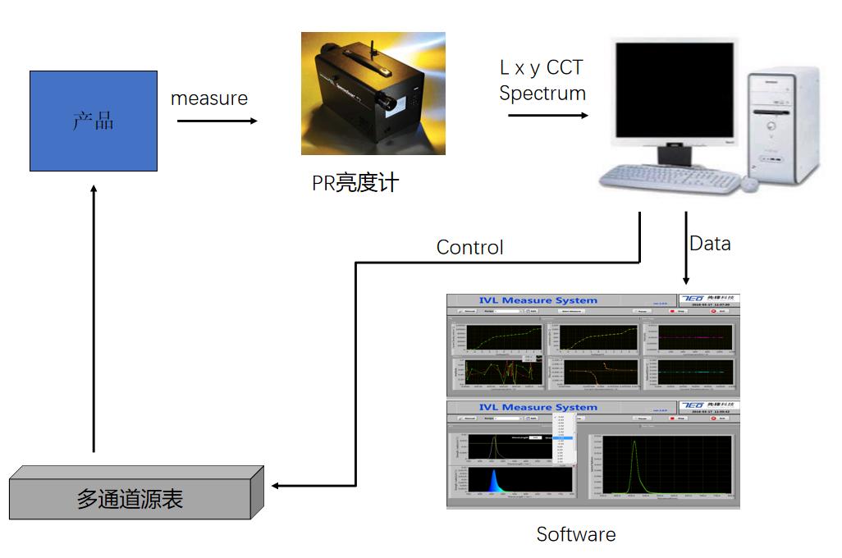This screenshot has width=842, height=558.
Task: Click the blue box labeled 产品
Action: [x=93, y=121]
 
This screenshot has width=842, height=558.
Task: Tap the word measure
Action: [x=209, y=98]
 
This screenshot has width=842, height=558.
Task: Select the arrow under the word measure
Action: [x=217, y=121]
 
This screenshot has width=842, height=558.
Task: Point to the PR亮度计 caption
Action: [x=355, y=182]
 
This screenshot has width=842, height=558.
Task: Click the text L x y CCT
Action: [x=542, y=67]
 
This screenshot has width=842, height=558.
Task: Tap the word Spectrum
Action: [x=542, y=93]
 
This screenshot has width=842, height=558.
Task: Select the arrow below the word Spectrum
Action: [x=547, y=115]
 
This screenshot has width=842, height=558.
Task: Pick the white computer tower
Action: [x=782, y=123]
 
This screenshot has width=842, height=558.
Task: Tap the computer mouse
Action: [x=752, y=185]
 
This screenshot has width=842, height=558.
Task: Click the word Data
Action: [x=710, y=243]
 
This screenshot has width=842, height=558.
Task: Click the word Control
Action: [x=469, y=247]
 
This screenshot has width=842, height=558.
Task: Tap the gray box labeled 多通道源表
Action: [x=131, y=496]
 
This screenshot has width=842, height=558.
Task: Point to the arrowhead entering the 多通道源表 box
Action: [x=277, y=486]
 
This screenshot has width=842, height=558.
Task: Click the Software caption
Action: [x=575, y=534]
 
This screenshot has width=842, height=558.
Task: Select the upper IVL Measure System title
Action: [x=538, y=300]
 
